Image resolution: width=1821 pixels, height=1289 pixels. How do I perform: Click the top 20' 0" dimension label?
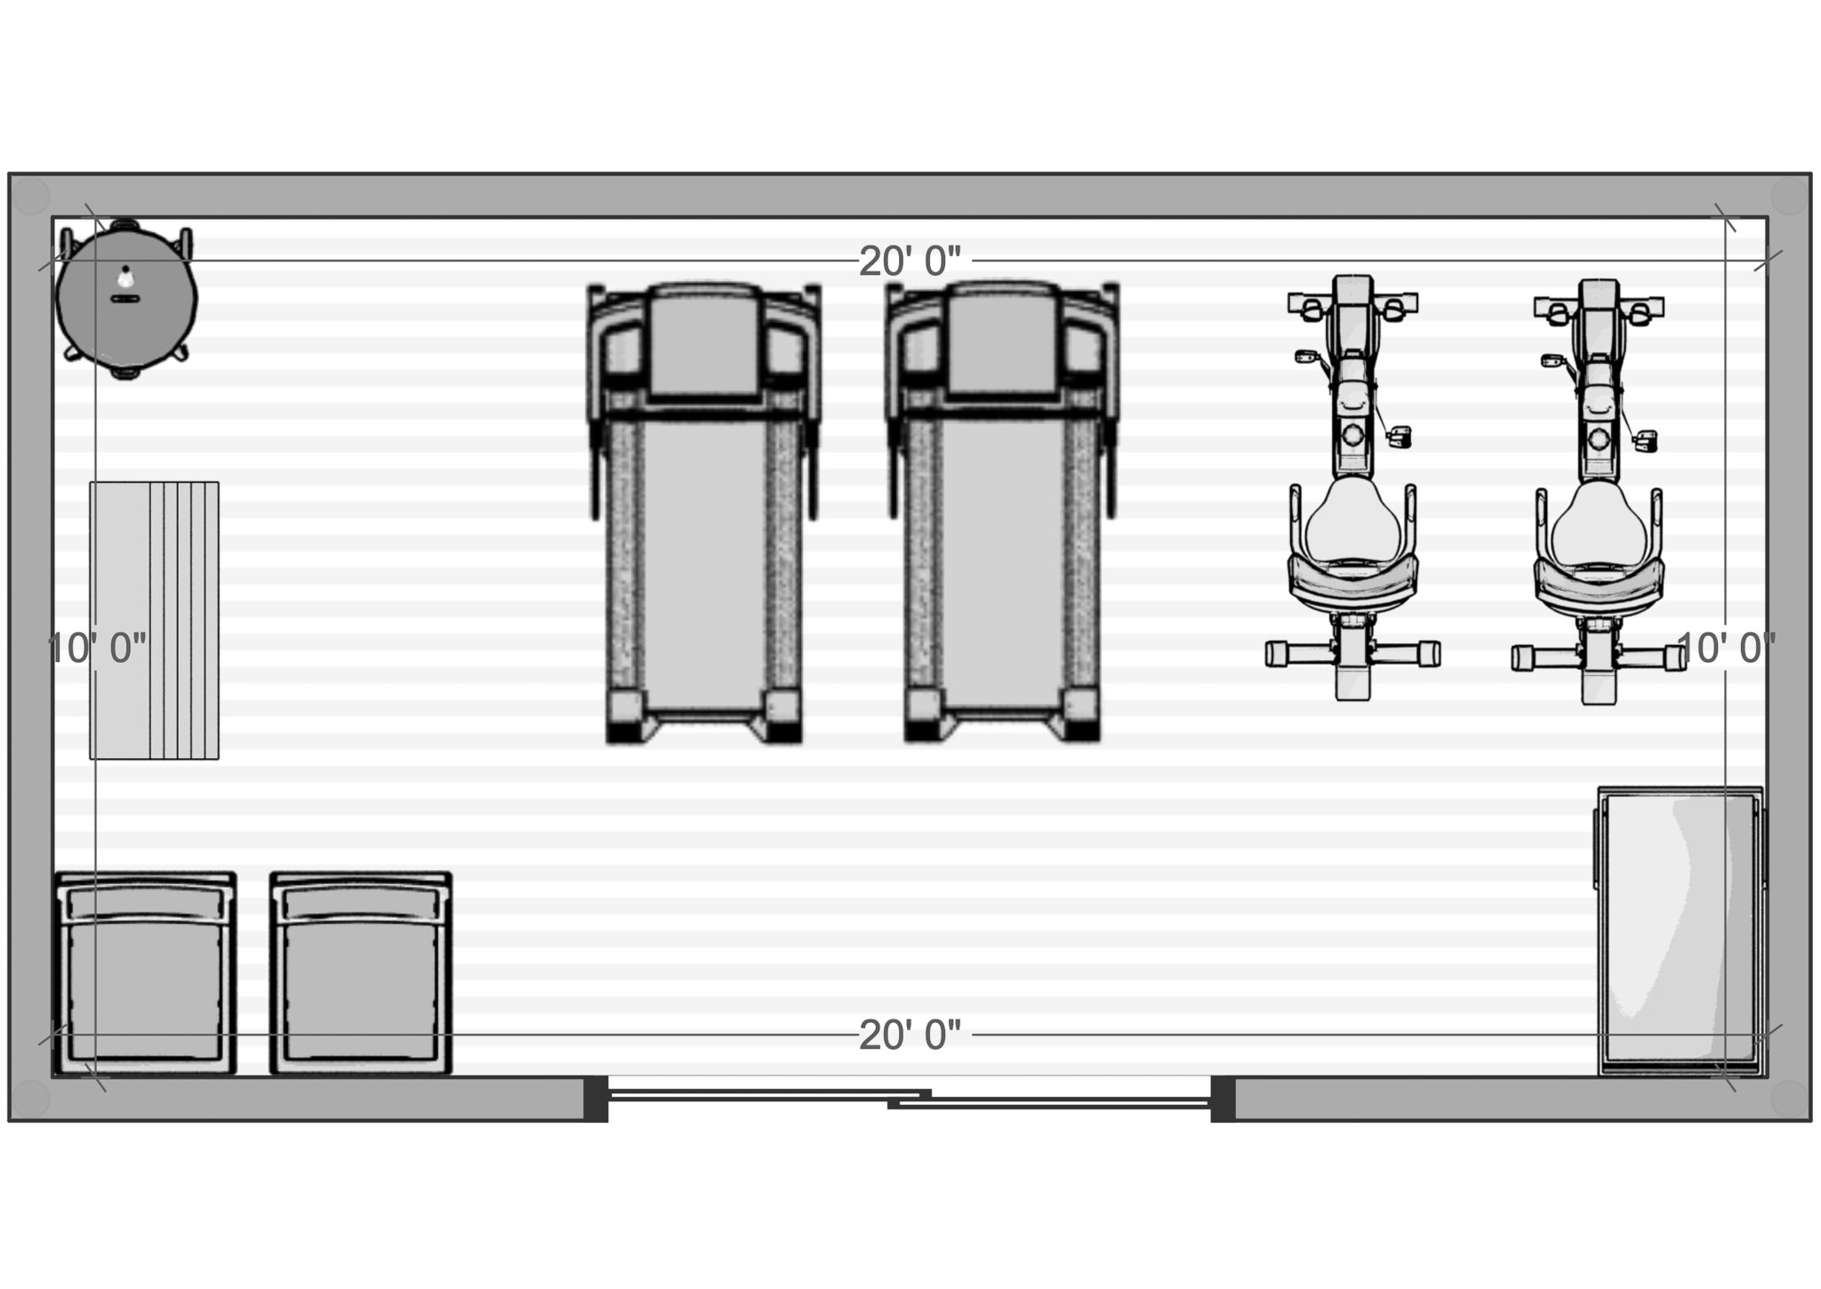pos(910,262)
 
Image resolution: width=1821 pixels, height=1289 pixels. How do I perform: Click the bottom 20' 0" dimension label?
pos(910,1035)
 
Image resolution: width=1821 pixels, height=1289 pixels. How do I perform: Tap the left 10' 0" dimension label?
pos(96,649)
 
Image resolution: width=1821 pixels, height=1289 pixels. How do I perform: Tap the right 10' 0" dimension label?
pos(1725,649)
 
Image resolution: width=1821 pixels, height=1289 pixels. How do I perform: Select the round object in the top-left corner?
pos(125,298)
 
